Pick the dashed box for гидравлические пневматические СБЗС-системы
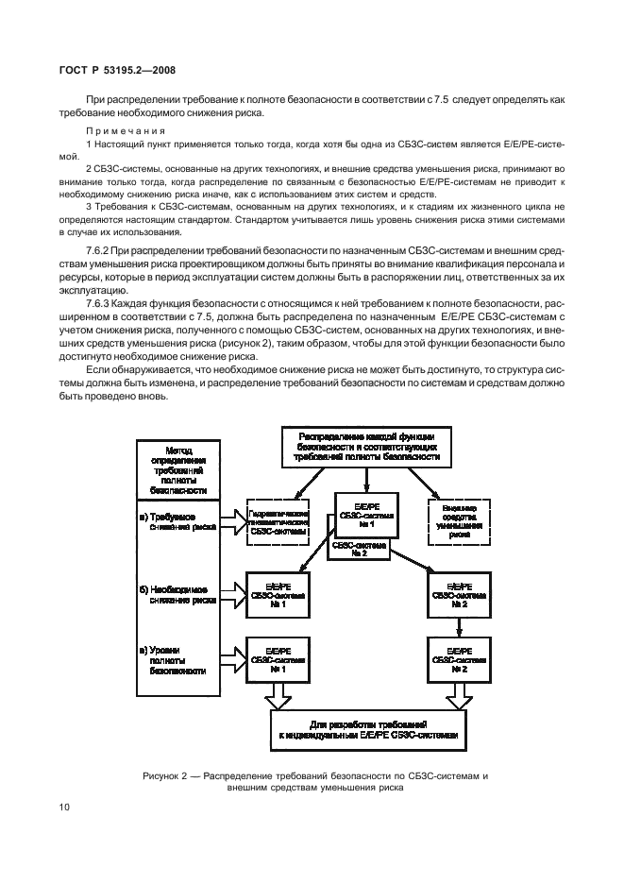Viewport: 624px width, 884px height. [x=278, y=520]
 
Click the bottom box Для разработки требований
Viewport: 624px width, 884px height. [x=367, y=727]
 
